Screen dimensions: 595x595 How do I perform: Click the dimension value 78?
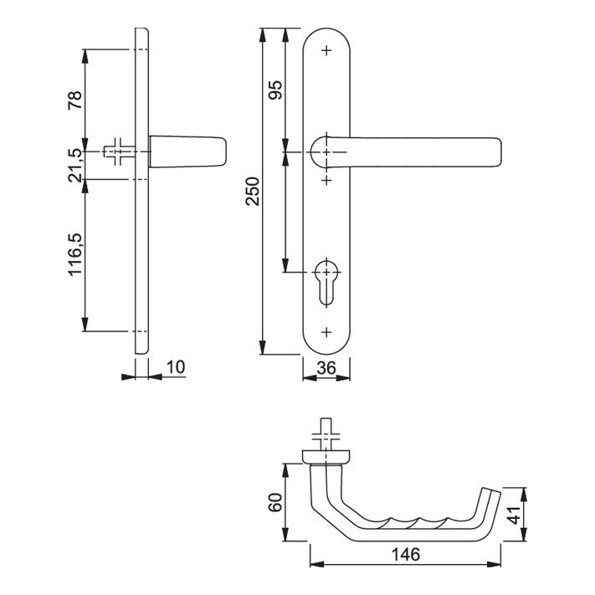(75, 100)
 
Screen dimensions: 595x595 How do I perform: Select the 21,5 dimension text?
(75, 166)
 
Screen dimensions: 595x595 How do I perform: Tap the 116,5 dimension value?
(75, 254)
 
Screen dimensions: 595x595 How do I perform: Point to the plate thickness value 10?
(175, 367)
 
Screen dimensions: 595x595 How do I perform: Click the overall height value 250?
(253, 192)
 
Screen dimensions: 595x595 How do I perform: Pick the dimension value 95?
(275, 90)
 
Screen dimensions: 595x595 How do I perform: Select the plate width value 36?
(326, 367)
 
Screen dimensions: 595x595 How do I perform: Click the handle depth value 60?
(275, 502)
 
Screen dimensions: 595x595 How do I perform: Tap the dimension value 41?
(515, 515)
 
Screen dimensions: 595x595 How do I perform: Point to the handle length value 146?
(406, 554)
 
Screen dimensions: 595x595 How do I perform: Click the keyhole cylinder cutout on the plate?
(326, 281)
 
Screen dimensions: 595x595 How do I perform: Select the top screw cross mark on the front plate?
(326, 50)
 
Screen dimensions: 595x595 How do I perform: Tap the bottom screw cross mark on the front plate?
(326, 332)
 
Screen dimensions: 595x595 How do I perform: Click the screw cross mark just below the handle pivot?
(326, 179)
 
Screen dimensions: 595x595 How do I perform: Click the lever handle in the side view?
(188, 151)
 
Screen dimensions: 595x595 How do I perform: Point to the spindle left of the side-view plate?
(119, 151)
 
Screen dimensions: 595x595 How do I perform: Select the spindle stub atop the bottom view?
(326, 435)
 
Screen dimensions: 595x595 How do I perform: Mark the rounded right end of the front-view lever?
(497, 152)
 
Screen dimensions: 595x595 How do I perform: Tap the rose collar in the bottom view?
(326, 457)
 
